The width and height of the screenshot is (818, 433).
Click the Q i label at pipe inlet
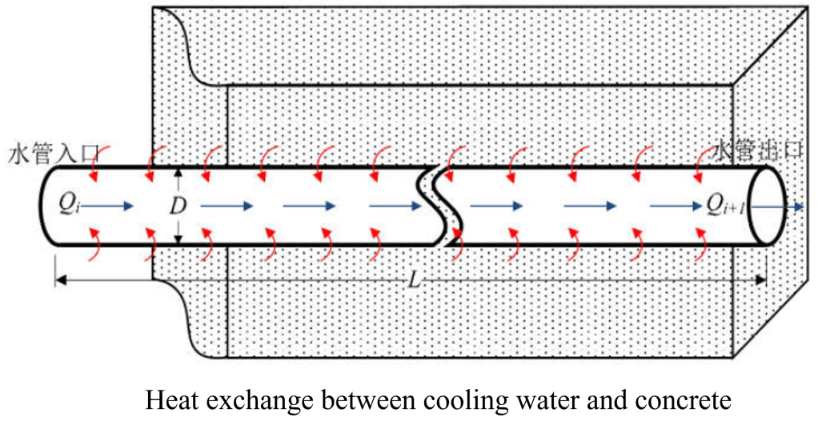(x=67, y=206)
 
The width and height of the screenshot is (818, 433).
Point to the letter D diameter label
(x=178, y=206)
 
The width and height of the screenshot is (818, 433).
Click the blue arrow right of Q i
(x=108, y=206)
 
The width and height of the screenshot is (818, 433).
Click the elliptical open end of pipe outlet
(x=772, y=206)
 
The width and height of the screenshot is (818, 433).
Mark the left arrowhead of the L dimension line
(x=59, y=279)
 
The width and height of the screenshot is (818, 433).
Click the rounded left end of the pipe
(x=45, y=206)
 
